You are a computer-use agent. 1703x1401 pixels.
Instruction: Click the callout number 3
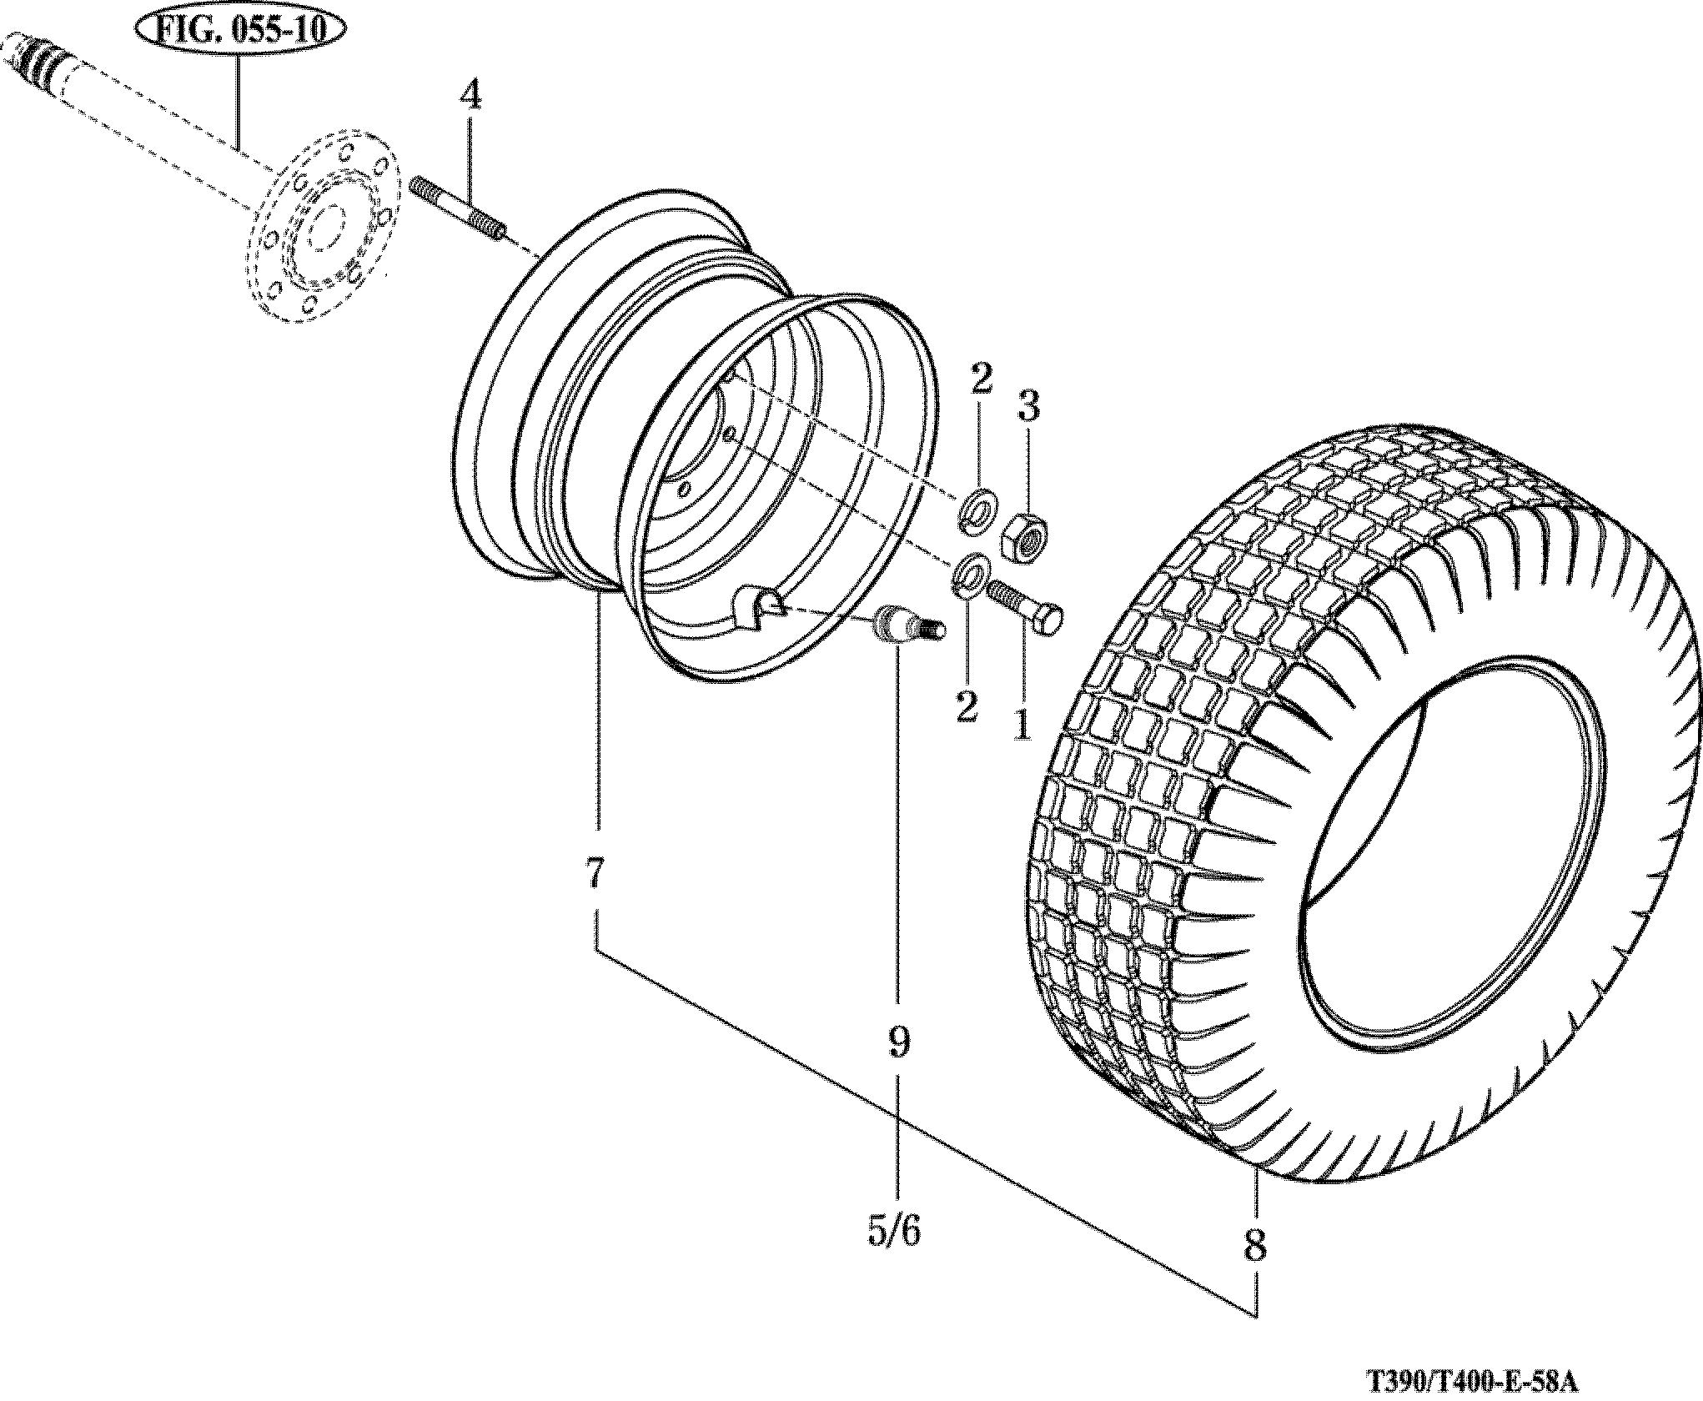1029,408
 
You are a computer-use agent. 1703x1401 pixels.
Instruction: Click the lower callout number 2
967,706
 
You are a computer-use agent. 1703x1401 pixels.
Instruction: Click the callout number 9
897,1042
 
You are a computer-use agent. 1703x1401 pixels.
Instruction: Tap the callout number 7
595,874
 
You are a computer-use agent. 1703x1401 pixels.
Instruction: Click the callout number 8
1254,1269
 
